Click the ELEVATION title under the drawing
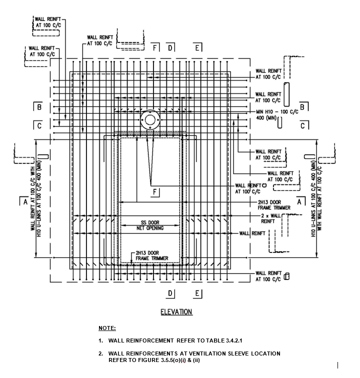click(176, 312)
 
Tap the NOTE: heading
click(107, 328)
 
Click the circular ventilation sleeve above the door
click(149, 120)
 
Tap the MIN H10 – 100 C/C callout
click(276, 111)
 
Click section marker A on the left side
click(23, 202)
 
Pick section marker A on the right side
click(300, 201)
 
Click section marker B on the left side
click(39, 106)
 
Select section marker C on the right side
click(303, 126)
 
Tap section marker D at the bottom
click(170, 293)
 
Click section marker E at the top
click(198, 47)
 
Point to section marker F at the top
click(155, 47)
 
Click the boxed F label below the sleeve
click(154, 192)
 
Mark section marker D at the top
click(170, 47)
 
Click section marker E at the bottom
click(198, 293)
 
